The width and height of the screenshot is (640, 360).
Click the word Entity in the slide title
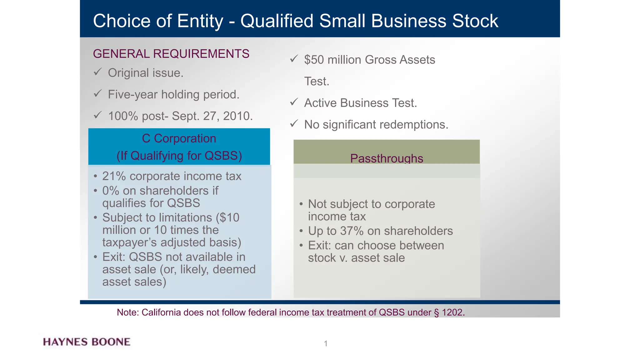200,21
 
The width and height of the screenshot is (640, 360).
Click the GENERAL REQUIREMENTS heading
171,54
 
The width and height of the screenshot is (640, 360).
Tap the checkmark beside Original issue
97,72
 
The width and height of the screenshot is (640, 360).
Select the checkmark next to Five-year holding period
97,93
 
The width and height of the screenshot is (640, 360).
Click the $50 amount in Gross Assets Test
314,60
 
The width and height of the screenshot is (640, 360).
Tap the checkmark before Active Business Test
294,102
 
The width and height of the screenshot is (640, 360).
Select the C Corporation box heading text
179,139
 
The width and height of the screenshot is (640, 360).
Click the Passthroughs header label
387,158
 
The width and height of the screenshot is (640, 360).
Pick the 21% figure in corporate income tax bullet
114,176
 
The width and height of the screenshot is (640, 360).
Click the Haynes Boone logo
87,342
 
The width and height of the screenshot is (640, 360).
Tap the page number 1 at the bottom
326,344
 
